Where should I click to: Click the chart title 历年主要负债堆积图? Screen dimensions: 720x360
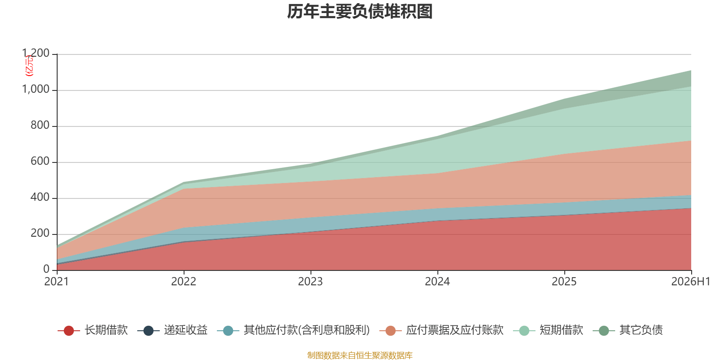[x=360, y=12]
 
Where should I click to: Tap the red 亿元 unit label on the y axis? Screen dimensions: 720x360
[x=29, y=66]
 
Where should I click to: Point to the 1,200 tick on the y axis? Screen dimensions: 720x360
[x=36, y=53]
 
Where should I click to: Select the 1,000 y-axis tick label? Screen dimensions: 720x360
[x=36, y=89]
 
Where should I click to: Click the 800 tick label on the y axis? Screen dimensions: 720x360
[x=40, y=125]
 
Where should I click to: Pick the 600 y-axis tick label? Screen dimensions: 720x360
[x=40, y=161]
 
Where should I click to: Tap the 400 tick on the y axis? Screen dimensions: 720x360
[x=40, y=197]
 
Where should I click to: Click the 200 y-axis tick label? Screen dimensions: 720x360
[x=40, y=233]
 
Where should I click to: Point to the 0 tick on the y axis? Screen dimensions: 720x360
[x=46, y=269]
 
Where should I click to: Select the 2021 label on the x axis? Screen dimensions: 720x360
[x=57, y=282]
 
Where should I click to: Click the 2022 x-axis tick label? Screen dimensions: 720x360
[x=184, y=282]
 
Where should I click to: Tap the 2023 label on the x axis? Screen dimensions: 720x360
[x=310, y=282]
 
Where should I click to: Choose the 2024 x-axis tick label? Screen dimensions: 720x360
[x=437, y=282]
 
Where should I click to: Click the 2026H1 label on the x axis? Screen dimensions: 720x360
[x=690, y=282]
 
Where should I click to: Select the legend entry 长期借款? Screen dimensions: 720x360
[x=93, y=330]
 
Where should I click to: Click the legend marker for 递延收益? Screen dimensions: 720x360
[x=148, y=330]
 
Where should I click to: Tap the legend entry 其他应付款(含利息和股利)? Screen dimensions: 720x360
[x=293, y=330]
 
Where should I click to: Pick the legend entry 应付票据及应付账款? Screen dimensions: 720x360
[x=441, y=330]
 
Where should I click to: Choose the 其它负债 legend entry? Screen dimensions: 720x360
[x=628, y=330]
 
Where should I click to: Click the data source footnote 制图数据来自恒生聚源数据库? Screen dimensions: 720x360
[x=360, y=355]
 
